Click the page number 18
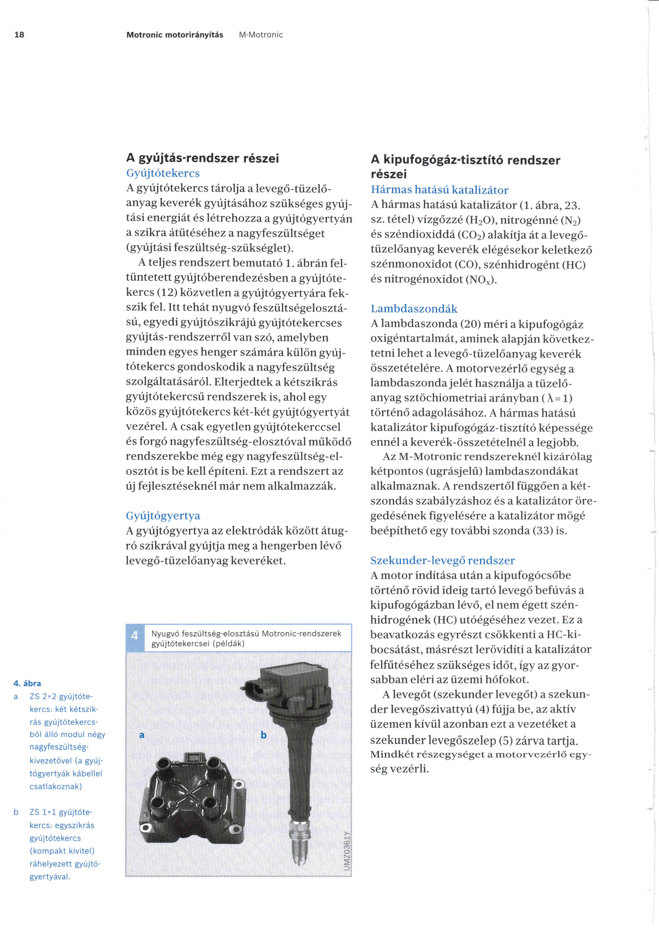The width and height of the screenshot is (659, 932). (19, 35)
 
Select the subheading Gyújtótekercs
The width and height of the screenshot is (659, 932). (163, 173)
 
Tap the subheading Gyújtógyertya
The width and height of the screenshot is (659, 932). (163, 516)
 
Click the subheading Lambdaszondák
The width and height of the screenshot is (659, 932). (414, 309)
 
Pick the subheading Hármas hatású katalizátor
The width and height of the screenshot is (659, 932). (440, 190)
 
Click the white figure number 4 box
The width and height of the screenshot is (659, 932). (135, 635)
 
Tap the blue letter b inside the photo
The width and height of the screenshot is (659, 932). (264, 735)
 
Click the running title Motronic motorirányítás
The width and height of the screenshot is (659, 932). (175, 35)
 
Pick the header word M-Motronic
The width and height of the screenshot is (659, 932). (261, 35)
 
